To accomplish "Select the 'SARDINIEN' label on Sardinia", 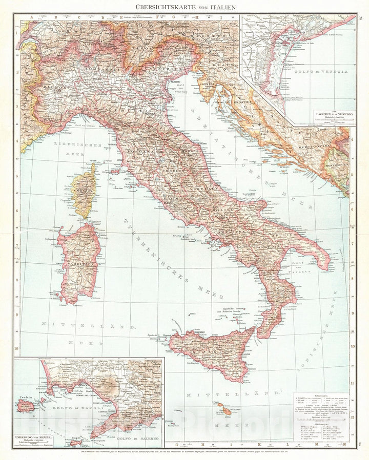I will tap(77, 265).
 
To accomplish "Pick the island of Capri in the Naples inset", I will tap(78, 439).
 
